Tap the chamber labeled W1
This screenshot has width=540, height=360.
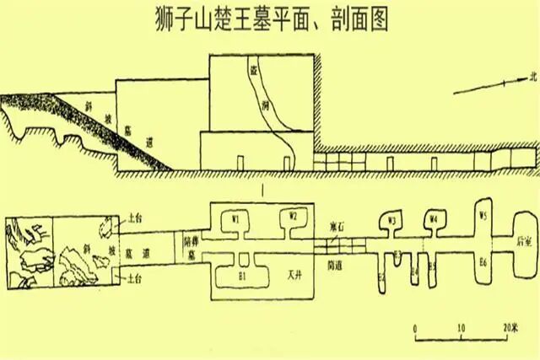[239, 217]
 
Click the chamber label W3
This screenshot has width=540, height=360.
[391, 221]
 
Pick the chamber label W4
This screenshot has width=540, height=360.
[434, 221]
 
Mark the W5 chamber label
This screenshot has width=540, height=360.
[483, 214]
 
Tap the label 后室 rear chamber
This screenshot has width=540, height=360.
[524, 239]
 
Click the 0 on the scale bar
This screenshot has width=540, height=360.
[415, 326]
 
